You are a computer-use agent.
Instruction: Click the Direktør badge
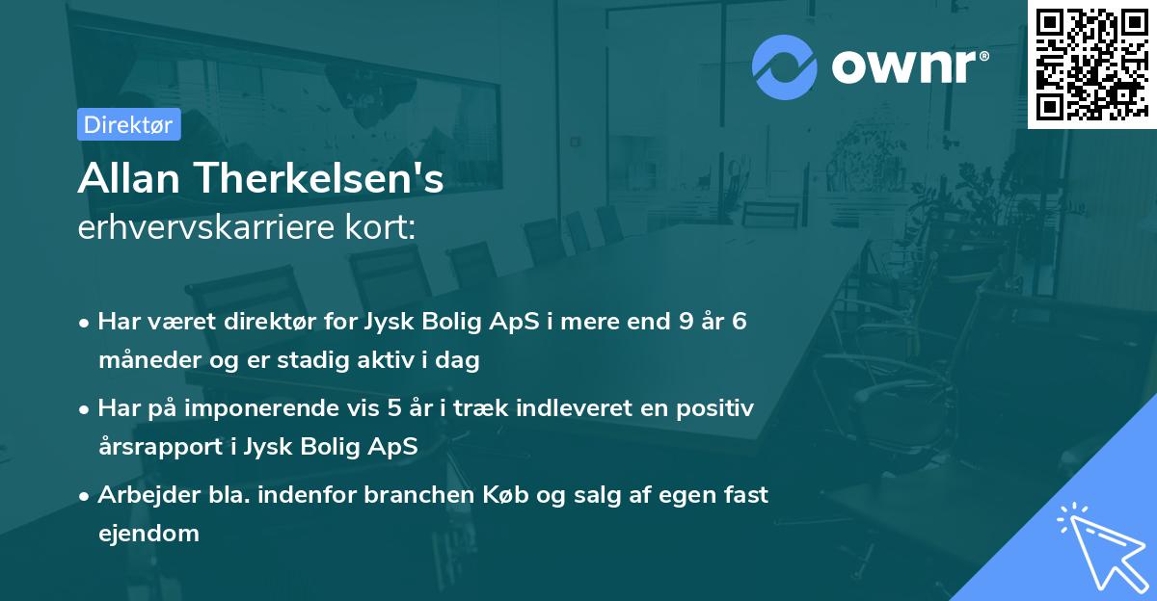[128, 124]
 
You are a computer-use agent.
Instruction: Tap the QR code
[1090, 64]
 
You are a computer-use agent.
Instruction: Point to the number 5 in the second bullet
[395, 408]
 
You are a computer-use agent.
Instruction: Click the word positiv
[718, 408]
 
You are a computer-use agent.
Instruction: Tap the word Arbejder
[145, 495]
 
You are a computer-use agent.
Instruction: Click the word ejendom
[148, 533]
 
